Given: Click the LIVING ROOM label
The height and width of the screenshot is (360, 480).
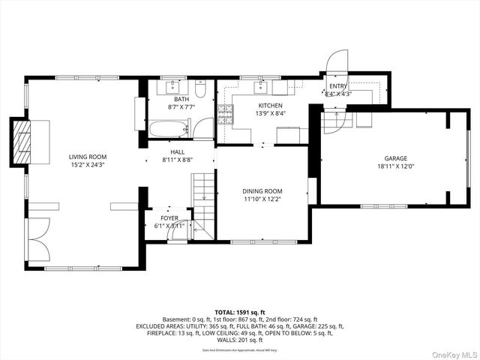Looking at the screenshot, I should [88, 157].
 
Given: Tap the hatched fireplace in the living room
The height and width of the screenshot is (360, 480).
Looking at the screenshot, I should [24, 142].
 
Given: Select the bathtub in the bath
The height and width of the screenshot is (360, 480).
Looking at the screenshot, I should [169, 129].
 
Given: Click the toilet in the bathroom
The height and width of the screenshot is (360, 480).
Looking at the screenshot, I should [200, 90].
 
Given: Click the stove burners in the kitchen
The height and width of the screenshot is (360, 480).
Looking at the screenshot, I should [226, 113].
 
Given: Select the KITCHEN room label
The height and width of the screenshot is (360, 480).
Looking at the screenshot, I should [270, 106].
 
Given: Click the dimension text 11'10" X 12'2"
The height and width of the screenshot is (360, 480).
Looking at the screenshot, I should [262, 199].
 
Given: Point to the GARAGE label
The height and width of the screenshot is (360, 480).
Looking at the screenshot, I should [395, 158].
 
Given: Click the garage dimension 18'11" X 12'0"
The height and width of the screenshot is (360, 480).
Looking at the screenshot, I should [395, 166].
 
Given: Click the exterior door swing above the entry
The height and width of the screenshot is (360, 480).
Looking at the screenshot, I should [337, 61].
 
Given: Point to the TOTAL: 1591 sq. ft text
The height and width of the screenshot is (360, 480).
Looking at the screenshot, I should [240, 312].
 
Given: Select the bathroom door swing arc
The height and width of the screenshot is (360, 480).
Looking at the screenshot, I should [202, 130].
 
